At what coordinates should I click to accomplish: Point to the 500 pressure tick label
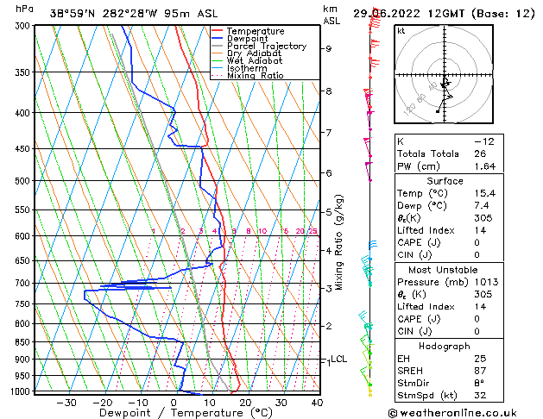(22, 181)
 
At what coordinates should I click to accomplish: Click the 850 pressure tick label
(22, 342)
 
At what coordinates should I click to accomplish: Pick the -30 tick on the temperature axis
(66, 402)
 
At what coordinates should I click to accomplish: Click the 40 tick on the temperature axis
(317, 402)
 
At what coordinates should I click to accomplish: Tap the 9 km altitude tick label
(329, 48)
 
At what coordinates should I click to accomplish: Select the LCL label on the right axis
(338, 359)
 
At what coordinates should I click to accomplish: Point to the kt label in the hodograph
(401, 30)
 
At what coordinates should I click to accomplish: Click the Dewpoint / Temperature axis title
(173, 413)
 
